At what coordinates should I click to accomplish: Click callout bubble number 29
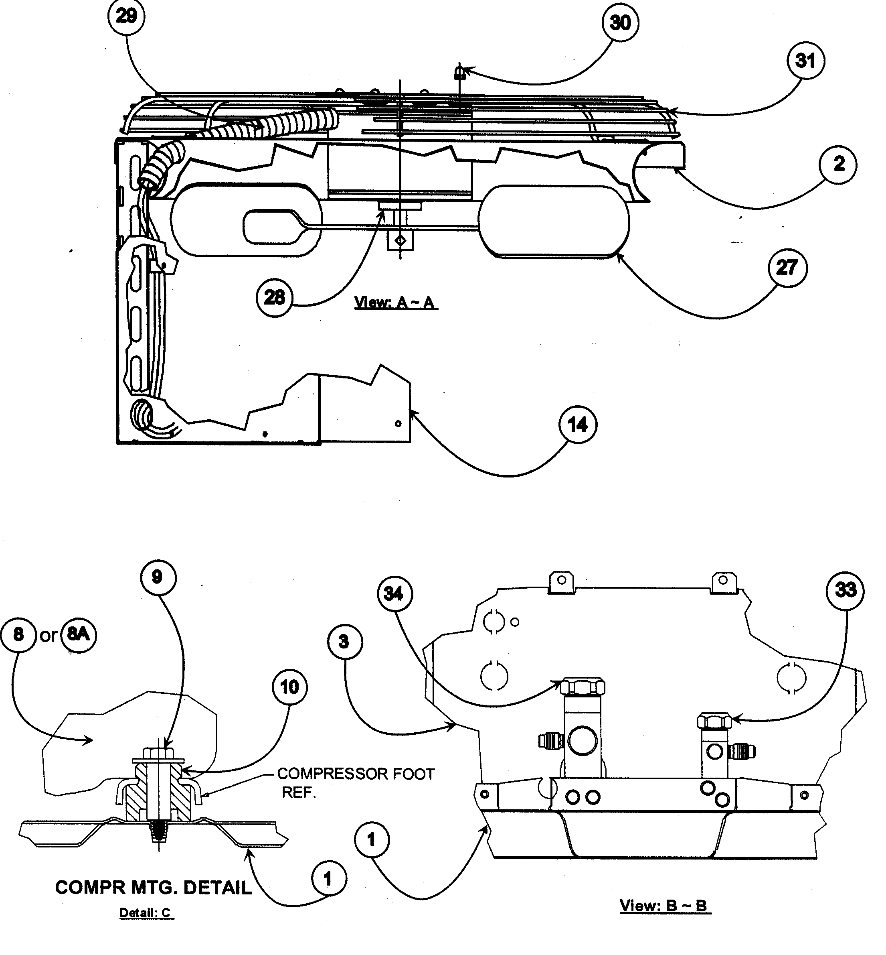click(x=126, y=17)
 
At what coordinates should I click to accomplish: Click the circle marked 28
click(x=274, y=298)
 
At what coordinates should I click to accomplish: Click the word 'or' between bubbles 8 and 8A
click(x=49, y=636)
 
